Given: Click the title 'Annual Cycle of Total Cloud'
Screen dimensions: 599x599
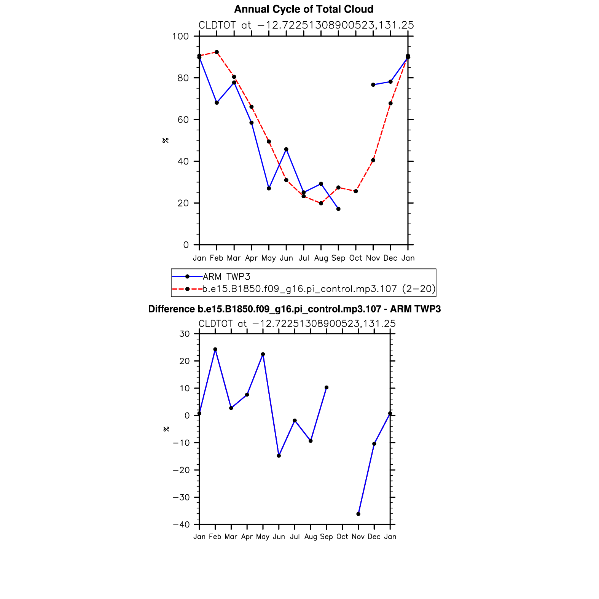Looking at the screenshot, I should [x=303, y=9].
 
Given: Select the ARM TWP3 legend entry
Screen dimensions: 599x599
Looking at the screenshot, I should [x=226, y=277].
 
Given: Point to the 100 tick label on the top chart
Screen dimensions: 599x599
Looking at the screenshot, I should [x=180, y=37].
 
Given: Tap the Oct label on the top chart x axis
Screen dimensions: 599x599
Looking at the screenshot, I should [x=355, y=258].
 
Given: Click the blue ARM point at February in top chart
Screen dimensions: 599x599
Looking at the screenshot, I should [x=217, y=103].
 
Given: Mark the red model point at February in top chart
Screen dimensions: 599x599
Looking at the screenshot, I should [x=217, y=52].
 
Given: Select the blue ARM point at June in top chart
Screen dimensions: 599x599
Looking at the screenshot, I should [x=286, y=149].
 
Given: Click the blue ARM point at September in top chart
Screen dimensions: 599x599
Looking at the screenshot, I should [x=338, y=209].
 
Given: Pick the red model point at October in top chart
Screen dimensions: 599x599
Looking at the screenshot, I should [x=355, y=191].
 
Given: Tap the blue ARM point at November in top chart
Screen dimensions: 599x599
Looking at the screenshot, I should [x=373, y=85].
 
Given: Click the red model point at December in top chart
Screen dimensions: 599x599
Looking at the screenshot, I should [x=390, y=104].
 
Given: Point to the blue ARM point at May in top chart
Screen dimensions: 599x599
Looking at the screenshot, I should [x=269, y=188].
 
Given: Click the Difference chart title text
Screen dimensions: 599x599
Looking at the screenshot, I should [x=294, y=309].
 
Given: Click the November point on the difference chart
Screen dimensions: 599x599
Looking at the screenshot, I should [x=358, y=514].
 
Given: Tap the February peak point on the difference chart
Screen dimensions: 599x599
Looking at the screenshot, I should [x=215, y=349].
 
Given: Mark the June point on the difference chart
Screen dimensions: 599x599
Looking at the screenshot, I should [x=279, y=456].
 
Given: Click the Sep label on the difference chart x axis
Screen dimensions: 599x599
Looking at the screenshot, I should [x=327, y=537].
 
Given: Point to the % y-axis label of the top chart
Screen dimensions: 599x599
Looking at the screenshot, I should [x=166, y=140].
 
